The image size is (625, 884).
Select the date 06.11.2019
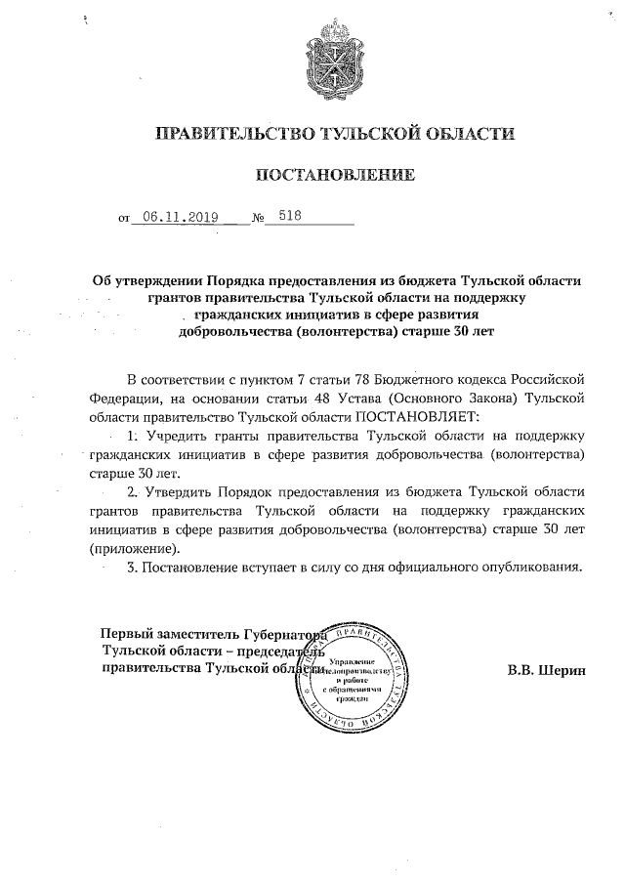point(179,218)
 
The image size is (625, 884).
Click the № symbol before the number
point(258,219)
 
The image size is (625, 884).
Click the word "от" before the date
point(124,220)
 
